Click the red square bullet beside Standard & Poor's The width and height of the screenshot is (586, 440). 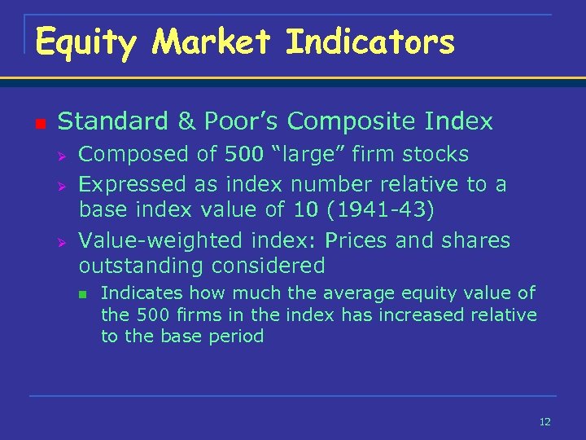point(39,124)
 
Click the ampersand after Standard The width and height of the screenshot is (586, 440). point(186,121)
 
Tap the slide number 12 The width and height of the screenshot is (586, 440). point(544,421)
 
